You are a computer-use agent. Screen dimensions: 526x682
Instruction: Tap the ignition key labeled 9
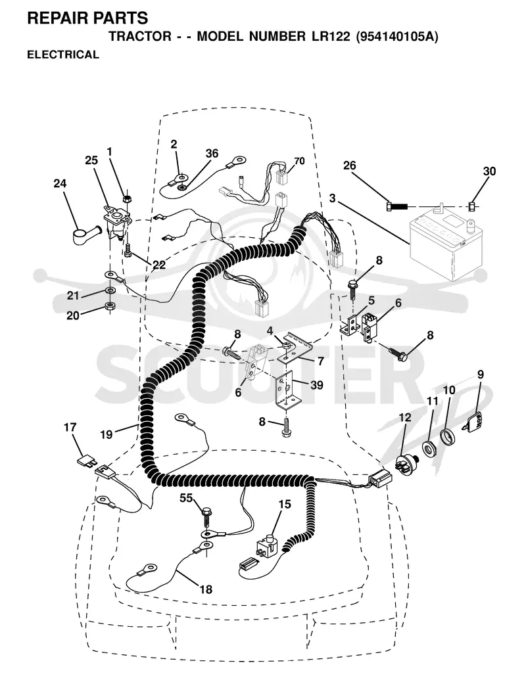472,421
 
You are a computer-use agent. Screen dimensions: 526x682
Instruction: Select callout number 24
60,183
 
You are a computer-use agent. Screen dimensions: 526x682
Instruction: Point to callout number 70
299,161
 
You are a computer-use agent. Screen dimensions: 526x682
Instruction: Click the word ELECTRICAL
63,55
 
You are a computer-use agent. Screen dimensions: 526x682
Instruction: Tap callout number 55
186,498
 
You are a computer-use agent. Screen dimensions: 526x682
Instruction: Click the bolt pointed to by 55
206,516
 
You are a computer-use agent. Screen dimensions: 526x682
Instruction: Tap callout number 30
489,171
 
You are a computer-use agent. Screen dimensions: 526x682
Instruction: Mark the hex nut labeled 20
110,305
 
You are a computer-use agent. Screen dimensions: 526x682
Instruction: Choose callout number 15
284,504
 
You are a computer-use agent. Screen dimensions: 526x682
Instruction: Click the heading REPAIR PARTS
87,18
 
